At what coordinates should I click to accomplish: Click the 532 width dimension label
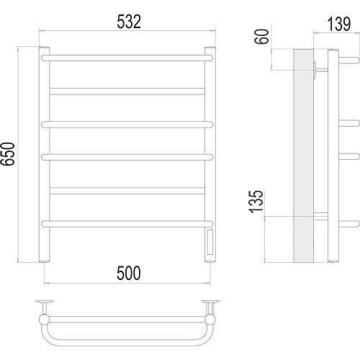[129, 22]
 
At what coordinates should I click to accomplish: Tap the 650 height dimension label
[8, 153]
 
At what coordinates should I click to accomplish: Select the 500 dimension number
[129, 273]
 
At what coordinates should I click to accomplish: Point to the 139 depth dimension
[339, 24]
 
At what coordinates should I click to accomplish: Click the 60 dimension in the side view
[261, 37]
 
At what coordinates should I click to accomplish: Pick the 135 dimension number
[256, 202]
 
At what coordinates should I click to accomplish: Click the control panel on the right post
[210, 242]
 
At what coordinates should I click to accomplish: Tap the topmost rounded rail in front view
[127, 58]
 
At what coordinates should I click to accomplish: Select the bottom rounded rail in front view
[127, 224]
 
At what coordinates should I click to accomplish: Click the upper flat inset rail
[127, 91]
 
